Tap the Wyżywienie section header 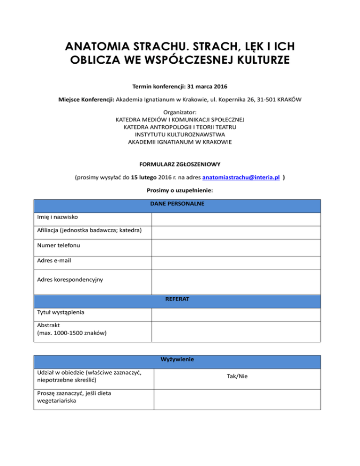[177, 360]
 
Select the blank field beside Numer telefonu [236, 245]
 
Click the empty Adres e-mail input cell [236, 260]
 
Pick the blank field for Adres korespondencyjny [236, 280]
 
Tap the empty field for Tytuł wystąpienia [236, 313]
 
